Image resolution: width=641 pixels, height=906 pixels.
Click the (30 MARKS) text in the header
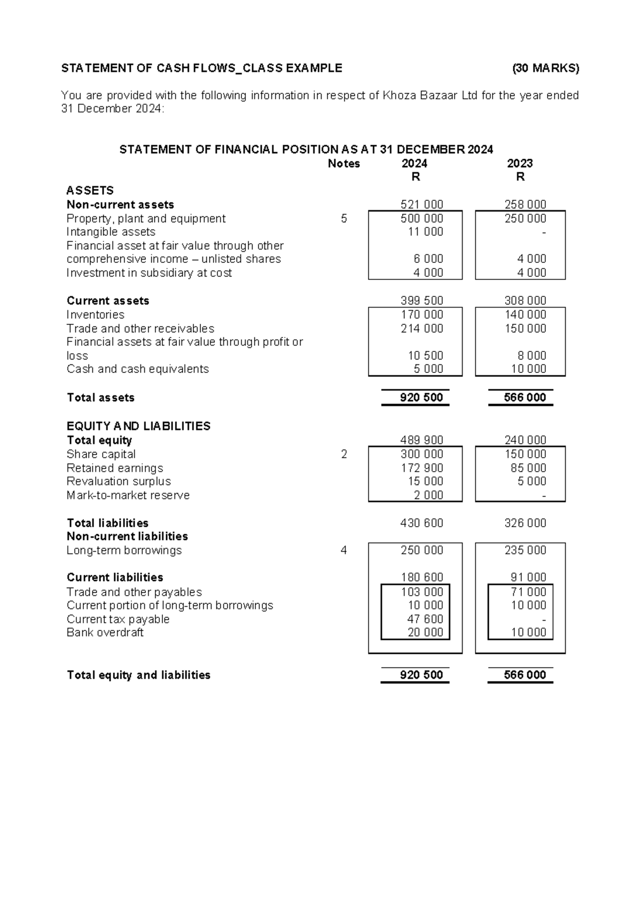[x=545, y=68]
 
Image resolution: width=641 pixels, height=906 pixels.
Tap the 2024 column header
[x=415, y=163]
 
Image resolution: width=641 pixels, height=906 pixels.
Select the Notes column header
[x=343, y=163]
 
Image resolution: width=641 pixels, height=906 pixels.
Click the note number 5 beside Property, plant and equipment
[x=343, y=218]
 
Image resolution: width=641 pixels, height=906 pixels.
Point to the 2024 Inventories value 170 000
[x=421, y=315]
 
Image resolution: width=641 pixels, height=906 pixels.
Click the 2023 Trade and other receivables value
[x=525, y=329]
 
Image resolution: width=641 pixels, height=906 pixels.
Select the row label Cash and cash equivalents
[x=137, y=369]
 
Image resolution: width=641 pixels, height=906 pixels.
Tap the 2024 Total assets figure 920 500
[x=421, y=397]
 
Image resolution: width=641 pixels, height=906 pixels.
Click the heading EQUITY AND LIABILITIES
[x=138, y=426]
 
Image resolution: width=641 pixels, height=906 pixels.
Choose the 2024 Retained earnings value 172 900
[x=421, y=468]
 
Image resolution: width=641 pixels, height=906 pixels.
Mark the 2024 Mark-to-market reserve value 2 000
[x=428, y=495]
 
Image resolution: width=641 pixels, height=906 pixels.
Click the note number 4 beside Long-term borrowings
[x=343, y=550]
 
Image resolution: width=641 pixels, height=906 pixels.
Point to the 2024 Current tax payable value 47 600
[x=425, y=619]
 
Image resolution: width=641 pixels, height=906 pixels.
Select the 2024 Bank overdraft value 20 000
[x=425, y=632]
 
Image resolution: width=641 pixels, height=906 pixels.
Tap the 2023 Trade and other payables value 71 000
[x=528, y=592]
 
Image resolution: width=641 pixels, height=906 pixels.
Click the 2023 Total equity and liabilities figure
[x=525, y=675]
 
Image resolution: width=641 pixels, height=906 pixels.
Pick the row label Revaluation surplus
[x=119, y=481]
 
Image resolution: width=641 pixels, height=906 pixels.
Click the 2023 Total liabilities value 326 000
[x=525, y=523]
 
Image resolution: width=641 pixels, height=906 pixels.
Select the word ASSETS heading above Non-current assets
[x=90, y=191]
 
